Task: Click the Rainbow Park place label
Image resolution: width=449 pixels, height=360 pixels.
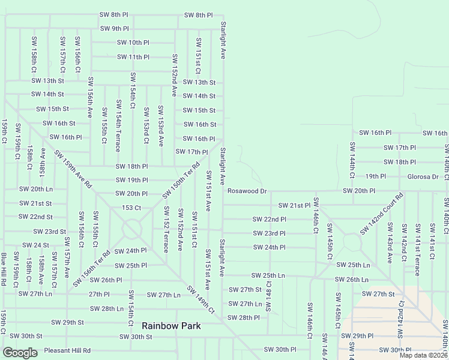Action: (171, 326)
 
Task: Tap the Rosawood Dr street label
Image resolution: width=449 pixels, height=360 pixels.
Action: (247, 191)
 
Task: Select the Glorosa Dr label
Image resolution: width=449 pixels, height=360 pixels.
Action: (424, 176)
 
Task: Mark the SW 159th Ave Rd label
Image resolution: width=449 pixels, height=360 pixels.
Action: (73, 169)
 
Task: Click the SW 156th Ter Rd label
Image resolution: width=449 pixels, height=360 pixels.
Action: (92, 268)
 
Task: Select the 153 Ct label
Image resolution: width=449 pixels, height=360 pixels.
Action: (131, 208)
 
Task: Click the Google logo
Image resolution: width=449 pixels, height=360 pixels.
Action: (20, 353)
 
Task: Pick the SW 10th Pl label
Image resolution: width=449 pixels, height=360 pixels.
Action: (133, 43)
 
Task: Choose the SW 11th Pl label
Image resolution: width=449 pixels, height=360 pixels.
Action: (133, 57)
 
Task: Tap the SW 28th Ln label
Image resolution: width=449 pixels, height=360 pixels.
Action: (107, 308)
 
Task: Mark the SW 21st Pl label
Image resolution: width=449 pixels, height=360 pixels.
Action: (294, 205)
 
